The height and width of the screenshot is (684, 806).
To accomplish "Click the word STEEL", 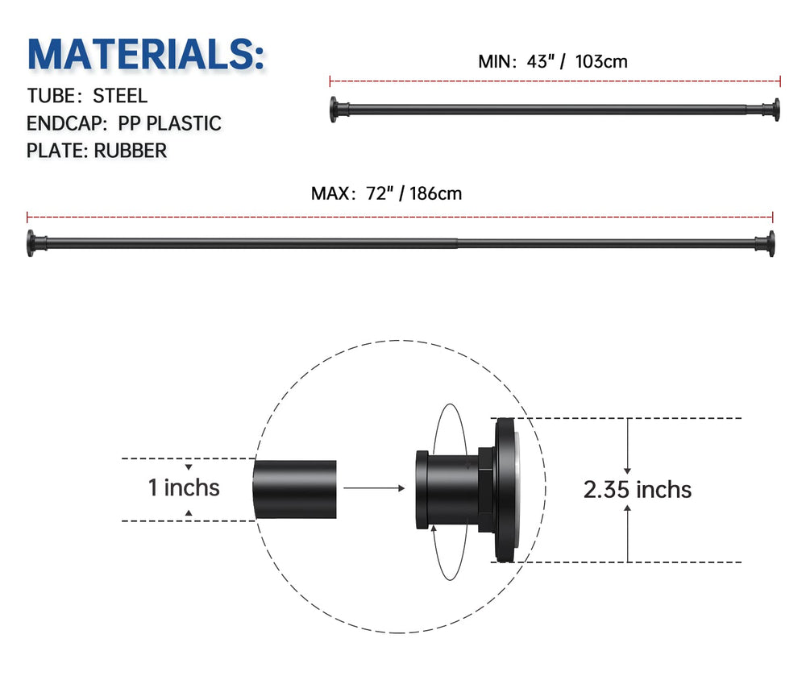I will (120, 96).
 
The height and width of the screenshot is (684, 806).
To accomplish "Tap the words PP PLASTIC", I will (169, 123).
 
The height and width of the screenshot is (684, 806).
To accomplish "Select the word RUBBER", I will (131, 150).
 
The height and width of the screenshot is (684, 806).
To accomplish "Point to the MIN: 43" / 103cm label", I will (553, 61).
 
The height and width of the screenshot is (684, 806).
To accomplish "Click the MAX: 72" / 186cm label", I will (386, 193).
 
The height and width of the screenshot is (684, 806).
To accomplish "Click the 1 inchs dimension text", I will (184, 487).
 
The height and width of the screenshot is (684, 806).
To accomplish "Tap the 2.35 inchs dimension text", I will (637, 489).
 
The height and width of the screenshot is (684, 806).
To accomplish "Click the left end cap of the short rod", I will (334, 110).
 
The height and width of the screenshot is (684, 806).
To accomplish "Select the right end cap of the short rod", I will (775, 110).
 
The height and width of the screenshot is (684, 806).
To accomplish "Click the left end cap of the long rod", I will (31, 243).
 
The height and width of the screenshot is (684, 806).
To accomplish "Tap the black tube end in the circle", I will (295, 488).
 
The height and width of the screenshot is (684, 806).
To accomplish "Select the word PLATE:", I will (57, 150).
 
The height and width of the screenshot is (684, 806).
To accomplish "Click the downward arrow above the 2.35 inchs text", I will (628, 451).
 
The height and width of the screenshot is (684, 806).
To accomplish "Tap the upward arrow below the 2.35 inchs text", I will (628, 528).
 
